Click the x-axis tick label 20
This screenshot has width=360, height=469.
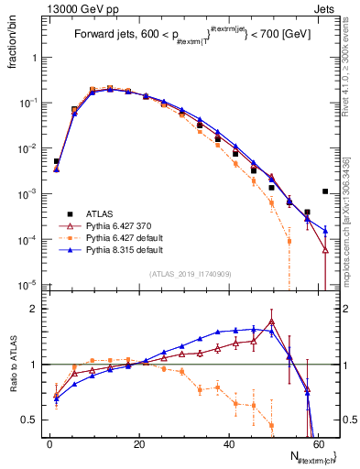(x=138, y=442)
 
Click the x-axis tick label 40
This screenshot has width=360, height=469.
(x=228, y=442)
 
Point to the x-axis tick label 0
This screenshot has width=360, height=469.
(x=49, y=442)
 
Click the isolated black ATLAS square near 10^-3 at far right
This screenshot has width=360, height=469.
(x=325, y=191)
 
